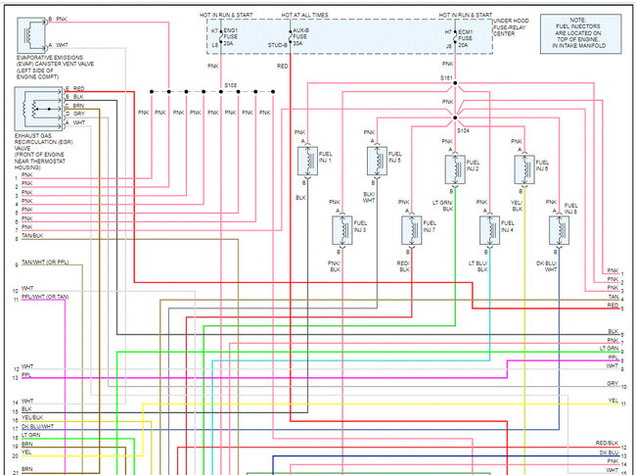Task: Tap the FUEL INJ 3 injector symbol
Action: point(342,230)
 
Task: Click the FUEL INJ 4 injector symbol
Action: point(487,230)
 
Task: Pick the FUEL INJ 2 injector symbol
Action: point(455,168)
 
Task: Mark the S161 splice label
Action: point(447,77)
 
